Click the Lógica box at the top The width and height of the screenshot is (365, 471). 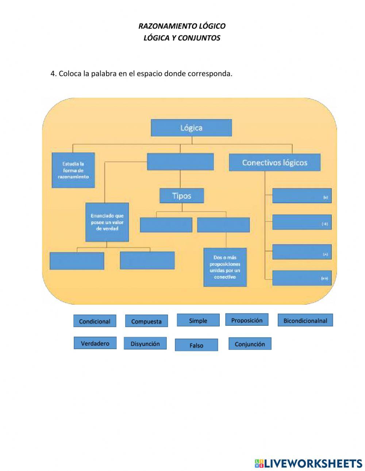(x=191, y=128)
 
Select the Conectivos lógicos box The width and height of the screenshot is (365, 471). (x=274, y=163)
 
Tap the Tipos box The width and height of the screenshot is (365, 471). (x=182, y=196)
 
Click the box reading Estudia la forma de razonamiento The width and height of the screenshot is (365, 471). (x=73, y=170)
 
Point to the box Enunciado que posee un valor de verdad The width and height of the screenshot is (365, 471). (x=107, y=222)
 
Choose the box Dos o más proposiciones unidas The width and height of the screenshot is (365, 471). (x=225, y=267)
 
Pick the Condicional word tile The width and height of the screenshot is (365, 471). (x=95, y=321)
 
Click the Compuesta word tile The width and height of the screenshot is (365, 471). (x=146, y=321)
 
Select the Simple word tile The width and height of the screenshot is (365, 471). (x=198, y=321)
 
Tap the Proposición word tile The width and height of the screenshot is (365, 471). (x=247, y=320)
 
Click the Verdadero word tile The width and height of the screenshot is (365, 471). (x=95, y=343)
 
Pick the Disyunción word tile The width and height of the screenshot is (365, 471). (x=145, y=344)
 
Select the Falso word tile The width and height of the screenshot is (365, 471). (x=196, y=345)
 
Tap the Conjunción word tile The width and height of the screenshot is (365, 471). (x=250, y=344)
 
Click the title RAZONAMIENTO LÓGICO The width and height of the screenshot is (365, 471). (x=182, y=26)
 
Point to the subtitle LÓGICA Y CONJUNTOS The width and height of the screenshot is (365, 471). (x=182, y=38)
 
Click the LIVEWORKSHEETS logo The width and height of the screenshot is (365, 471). (x=308, y=463)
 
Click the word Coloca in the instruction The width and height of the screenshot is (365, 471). (x=70, y=74)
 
